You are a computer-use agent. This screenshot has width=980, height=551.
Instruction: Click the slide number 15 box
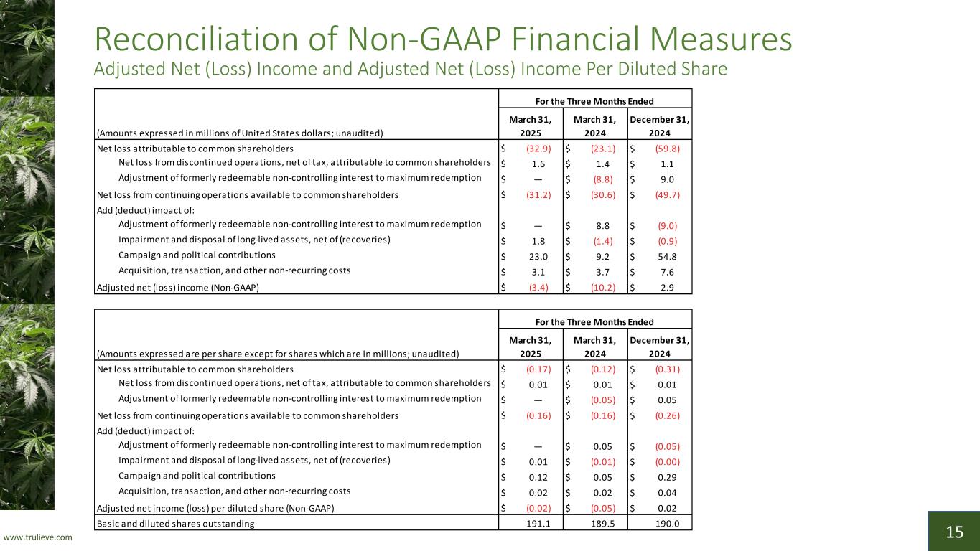[954, 532]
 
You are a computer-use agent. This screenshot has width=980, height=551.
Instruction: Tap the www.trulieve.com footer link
[39, 537]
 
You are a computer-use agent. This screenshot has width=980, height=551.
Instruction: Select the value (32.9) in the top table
[538, 149]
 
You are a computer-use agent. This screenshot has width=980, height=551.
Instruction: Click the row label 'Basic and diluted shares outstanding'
[175, 524]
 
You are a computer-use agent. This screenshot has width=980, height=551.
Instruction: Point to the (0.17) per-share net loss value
[538, 369]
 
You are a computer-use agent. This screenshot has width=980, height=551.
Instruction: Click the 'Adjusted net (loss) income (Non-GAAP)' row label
[177, 287]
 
